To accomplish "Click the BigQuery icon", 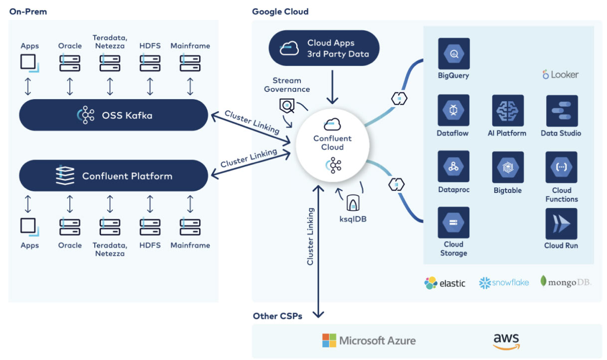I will click(454, 53).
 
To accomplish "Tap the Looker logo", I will click(560, 75).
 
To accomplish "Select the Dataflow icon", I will click(453, 110).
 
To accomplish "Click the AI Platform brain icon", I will click(508, 110).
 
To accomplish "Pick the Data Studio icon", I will click(562, 110).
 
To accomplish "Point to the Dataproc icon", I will click(453, 167).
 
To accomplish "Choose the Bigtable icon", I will click(508, 167).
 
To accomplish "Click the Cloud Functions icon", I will click(562, 167).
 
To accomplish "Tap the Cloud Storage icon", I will click(453, 223).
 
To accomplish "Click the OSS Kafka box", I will click(113, 115).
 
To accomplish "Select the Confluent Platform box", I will click(113, 176).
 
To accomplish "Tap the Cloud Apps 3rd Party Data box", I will click(324, 48).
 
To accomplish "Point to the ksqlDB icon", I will click(353, 202).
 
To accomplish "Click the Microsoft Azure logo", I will click(369, 341).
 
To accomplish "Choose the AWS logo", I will click(506, 341).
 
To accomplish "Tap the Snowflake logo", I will click(504, 283).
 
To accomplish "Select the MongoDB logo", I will click(566, 282).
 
